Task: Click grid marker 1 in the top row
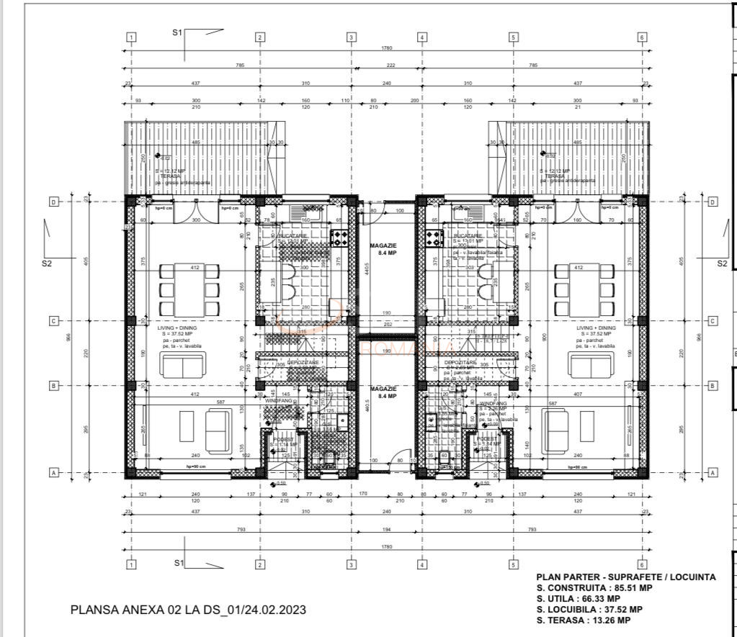pyautogui.click(x=131, y=37)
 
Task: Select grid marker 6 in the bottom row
pyautogui.click(x=641, y=565)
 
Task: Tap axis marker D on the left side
pyautogui.click(x=53, y=202)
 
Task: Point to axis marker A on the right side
pyautogui.click(x=713, y=473)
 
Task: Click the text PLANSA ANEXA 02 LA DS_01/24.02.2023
pyautogui.click(x=188, y=610)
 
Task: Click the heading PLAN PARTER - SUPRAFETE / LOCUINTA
pyautogui.click(x=625, y=577)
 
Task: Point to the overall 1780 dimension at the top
pyautogui.click(x=387, y=49)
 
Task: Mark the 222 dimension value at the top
pyautogui.click(x=390, y=65)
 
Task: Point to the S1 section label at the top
pyautogui.click(x=177, y=32)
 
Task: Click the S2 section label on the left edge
pyautogui.click(x=48, y=263)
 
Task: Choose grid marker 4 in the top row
pyautogui.click(x=422, y=37)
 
